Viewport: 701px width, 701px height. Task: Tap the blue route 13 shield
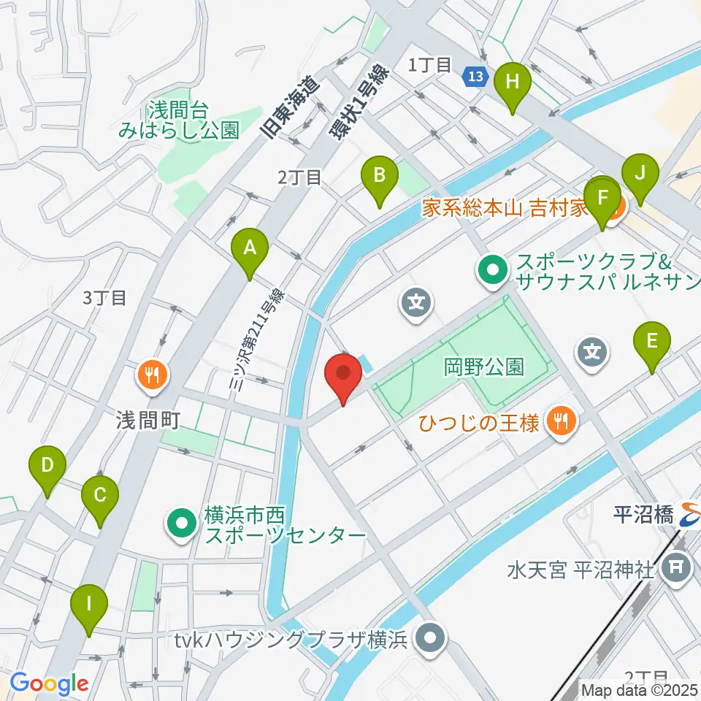click(475, 75)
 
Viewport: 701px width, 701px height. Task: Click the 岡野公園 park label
click(483, 367)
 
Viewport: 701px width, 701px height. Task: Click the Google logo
click(49, 683)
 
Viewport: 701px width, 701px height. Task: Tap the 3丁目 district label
click(104, 298)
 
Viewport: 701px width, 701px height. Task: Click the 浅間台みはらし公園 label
click(180, 120)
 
